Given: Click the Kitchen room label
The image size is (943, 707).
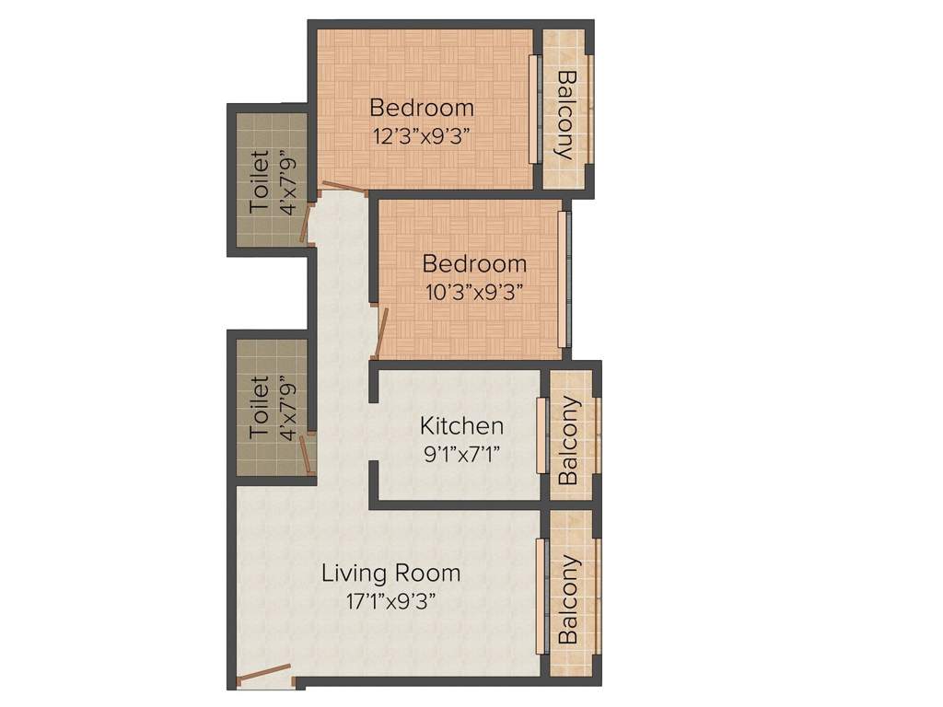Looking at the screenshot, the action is click(x=461, y=425).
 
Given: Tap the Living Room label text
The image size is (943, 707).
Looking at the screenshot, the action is click(x=390, y=573).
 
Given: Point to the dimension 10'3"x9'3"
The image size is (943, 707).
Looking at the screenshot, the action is click(x=474, y=294).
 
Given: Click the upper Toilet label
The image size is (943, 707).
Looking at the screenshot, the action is click(x=259, y=181).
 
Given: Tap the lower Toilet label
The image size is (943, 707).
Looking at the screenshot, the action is click(x=259, y=407).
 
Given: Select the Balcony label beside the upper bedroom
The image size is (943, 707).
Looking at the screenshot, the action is click(x=567, y=115).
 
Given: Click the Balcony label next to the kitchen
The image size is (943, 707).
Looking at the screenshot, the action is click(x=568, y=441).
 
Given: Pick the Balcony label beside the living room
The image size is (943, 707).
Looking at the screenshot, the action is click(x=568, y=600).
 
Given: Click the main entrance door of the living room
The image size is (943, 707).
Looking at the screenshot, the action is click(x=263, y=676).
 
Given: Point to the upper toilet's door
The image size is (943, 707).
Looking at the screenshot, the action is click(x=307, y=224).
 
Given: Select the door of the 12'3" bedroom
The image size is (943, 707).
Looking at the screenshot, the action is click(x=344, y=187).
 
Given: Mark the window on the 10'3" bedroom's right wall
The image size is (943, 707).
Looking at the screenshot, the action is click(x=565, y=279).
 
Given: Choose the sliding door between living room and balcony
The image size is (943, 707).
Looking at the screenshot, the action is click(x=541, y=596).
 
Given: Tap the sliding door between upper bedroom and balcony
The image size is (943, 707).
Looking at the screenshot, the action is click(x=533, y=110).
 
